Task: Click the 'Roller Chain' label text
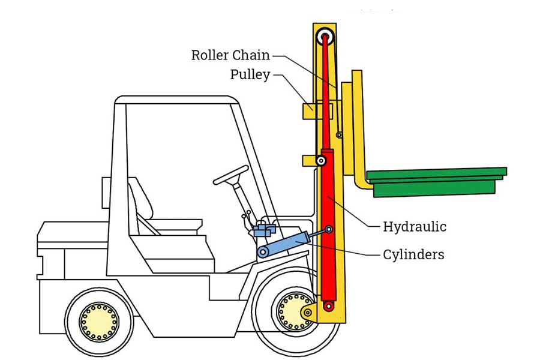tap(230, 55)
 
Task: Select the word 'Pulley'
tap(250, 75)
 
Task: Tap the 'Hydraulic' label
tap(414, 227)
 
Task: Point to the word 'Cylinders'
tap(413, 254)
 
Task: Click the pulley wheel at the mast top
tap(325, 35)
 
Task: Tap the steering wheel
tap(231, 175)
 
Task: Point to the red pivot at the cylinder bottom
tap(328, 306)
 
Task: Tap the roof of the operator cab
tap(174, 100)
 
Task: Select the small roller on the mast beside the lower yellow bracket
tap(322, 161)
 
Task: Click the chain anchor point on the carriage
tap(339, 136)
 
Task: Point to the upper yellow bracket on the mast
tap(309, 111)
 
